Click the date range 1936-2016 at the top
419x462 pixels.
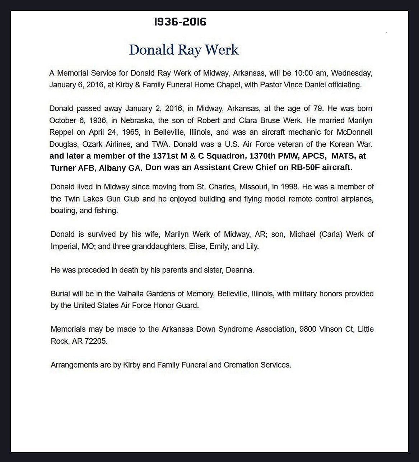[180, 22]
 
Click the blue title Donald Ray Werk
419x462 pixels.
[183, 50]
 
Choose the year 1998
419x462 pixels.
[290, 187]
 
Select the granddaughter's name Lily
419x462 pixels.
[252, 246]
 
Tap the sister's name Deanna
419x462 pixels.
[239, 270]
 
